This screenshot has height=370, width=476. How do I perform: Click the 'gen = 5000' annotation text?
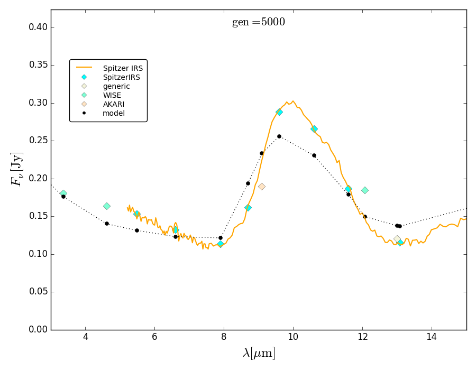tap(258, 22)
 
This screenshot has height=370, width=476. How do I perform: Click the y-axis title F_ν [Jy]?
tap(17, 169)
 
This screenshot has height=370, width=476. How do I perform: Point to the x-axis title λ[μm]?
tap(259, 353)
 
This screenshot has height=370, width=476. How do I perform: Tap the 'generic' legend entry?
tap(116, 86)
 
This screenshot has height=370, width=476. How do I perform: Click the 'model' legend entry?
tap(114, 113)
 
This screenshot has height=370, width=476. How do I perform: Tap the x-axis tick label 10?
tap(293, 337)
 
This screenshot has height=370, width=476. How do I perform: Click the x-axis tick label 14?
tap(432, 337)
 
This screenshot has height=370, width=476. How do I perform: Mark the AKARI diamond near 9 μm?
tap(261, 187)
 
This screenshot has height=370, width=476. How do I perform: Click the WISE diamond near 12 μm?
tap(364, 190)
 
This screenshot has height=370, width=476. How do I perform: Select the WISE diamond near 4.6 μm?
tap(107, 206)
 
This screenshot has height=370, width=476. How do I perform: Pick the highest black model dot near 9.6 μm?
tap(279, 136)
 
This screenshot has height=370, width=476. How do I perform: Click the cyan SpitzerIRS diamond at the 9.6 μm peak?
tap(279, 112)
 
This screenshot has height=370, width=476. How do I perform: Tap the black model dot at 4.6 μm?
tap(107, 224)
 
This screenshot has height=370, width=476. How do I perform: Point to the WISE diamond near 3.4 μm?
tap(63, 193)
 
